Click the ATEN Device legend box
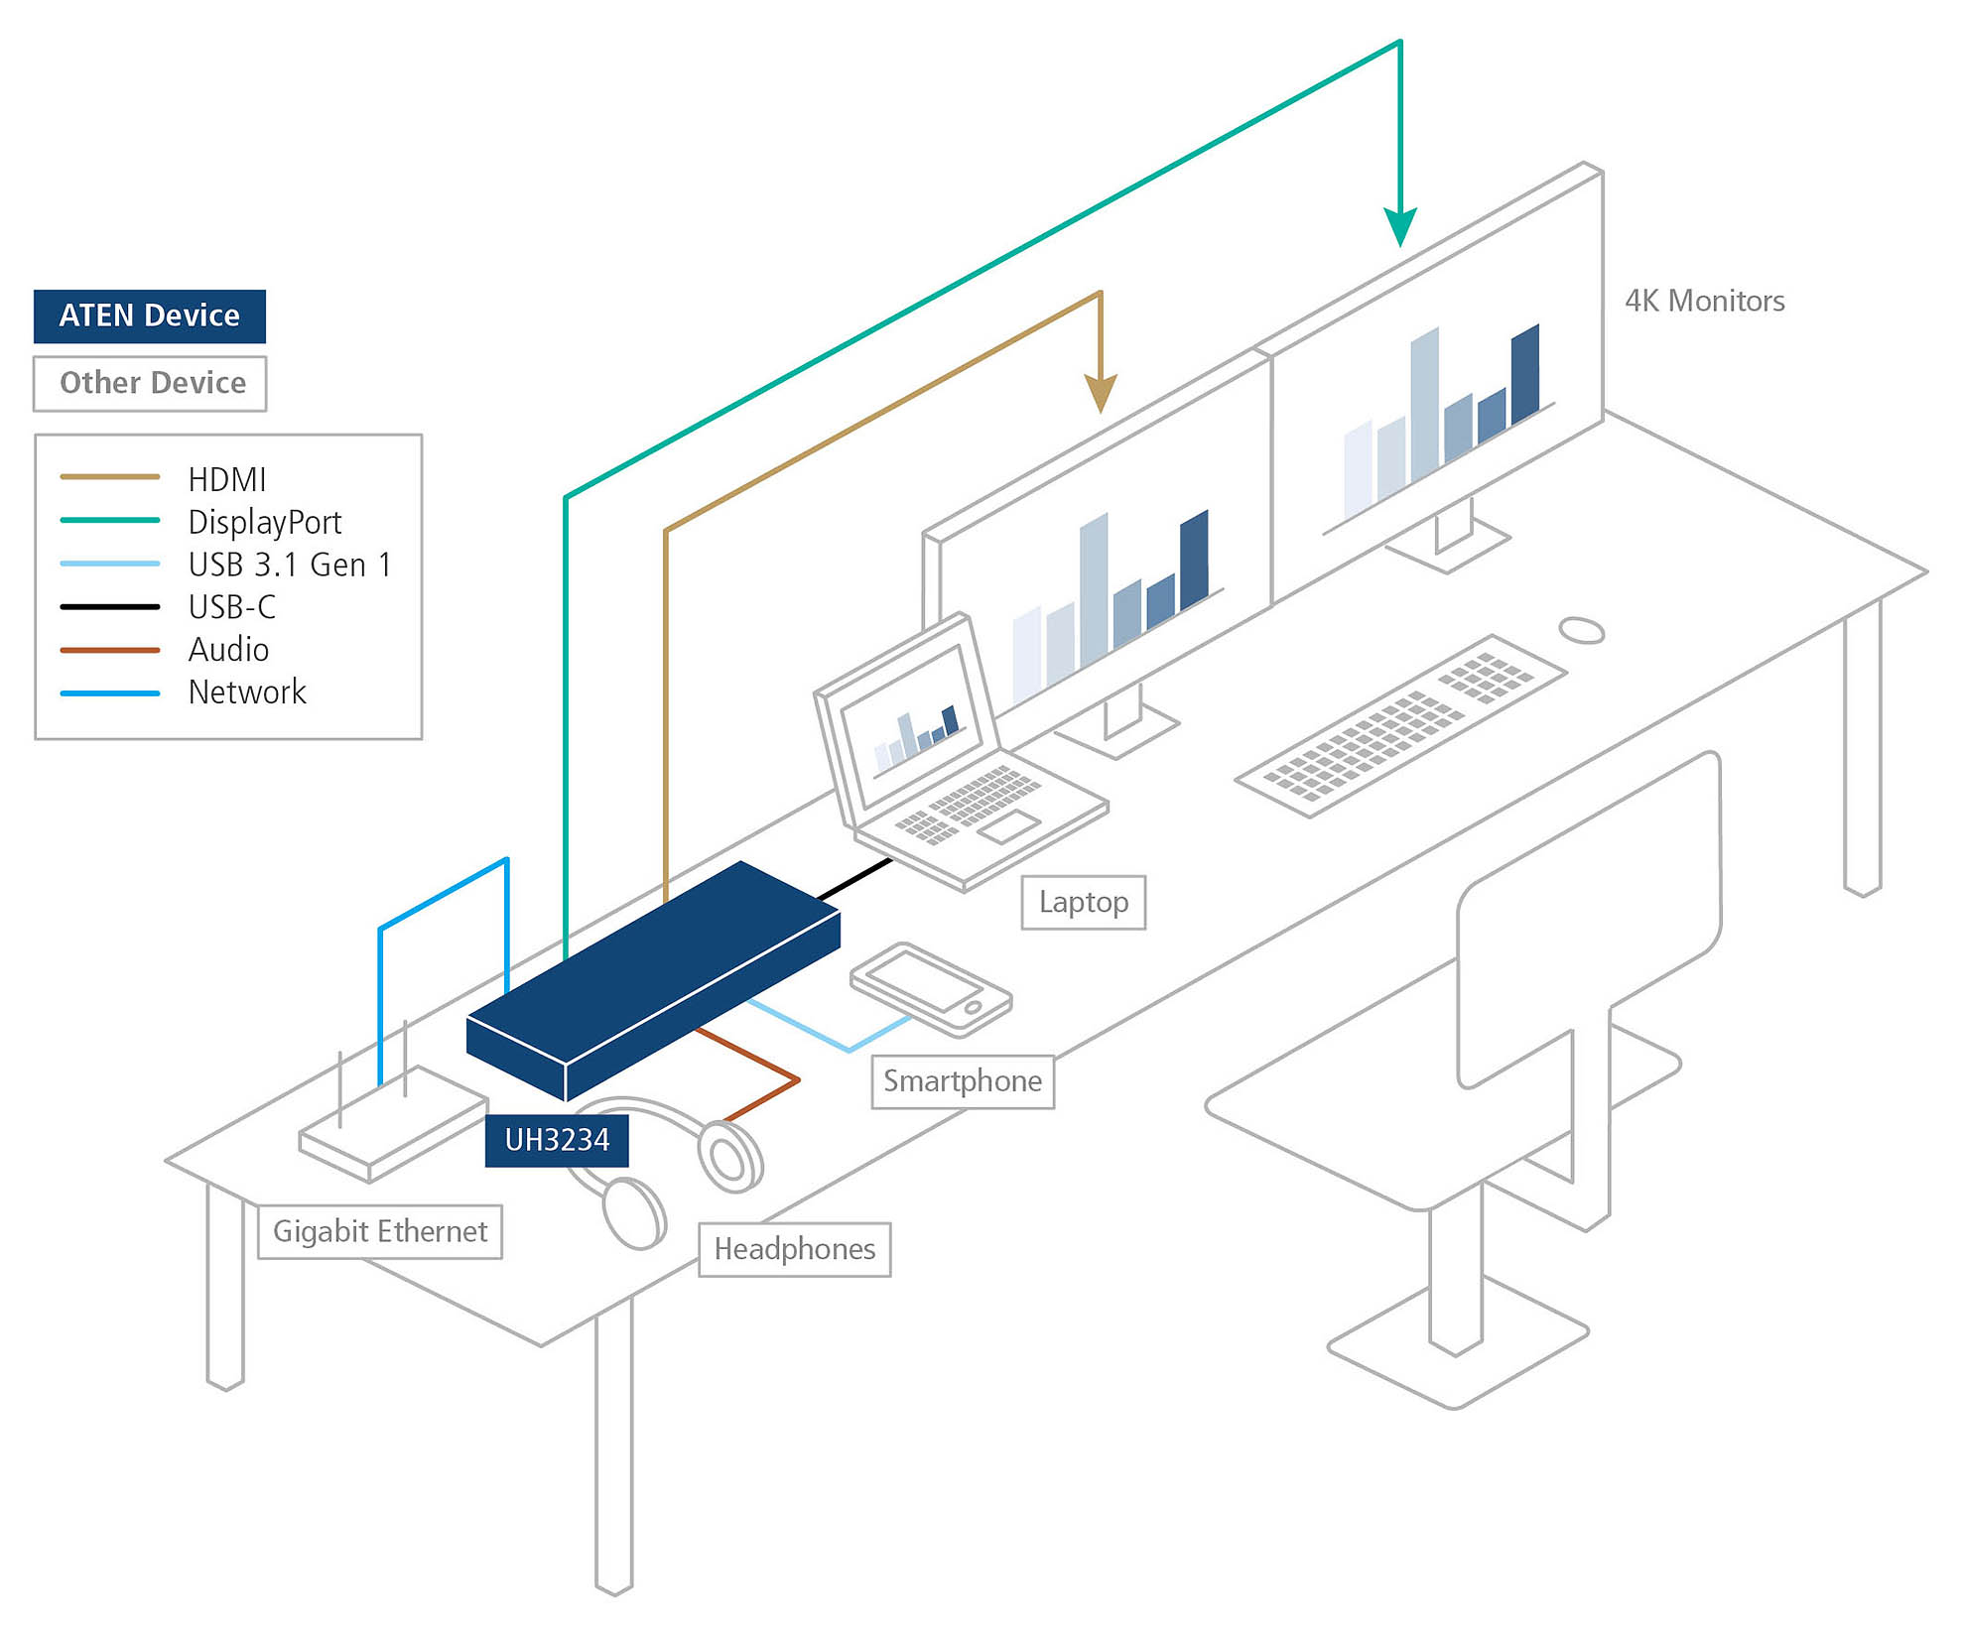(x=149, y=315)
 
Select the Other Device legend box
(x=150, y=383)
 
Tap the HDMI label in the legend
(x=226, y=479)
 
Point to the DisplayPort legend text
(x=264, y=522)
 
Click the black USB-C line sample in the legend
(x=109, y=606)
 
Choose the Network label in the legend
(x=246, y=692)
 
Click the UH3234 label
(x=556, y=1140)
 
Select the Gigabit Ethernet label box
(x=380, y=1231)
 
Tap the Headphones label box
(x=794, y=1248)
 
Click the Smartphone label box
(x=962, y=1080)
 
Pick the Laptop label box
(x=1083, y=902)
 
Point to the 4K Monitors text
(x=1704, y=301)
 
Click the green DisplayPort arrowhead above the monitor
(x=1399, y=228)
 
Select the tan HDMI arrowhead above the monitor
(x=1100, y=394)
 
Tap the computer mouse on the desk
(x=1581, y=630)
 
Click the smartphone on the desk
(x=930, y=987)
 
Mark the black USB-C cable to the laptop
(x=853, y=880)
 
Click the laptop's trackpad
(x=1008, y=825)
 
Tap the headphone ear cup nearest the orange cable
(x=731, y=1155)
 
